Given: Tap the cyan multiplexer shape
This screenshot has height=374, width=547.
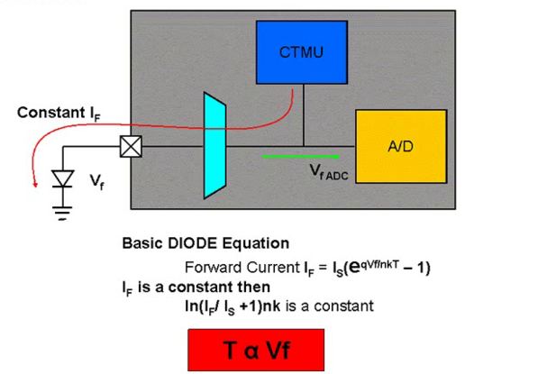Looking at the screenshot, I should (x=214, y=144).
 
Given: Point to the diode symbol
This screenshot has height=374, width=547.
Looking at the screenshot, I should (x=62, y=179).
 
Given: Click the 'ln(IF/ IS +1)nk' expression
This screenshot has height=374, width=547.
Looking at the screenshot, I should (x=232, y=306).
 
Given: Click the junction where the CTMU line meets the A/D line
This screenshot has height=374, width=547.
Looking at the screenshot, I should (x=303, y=143).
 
